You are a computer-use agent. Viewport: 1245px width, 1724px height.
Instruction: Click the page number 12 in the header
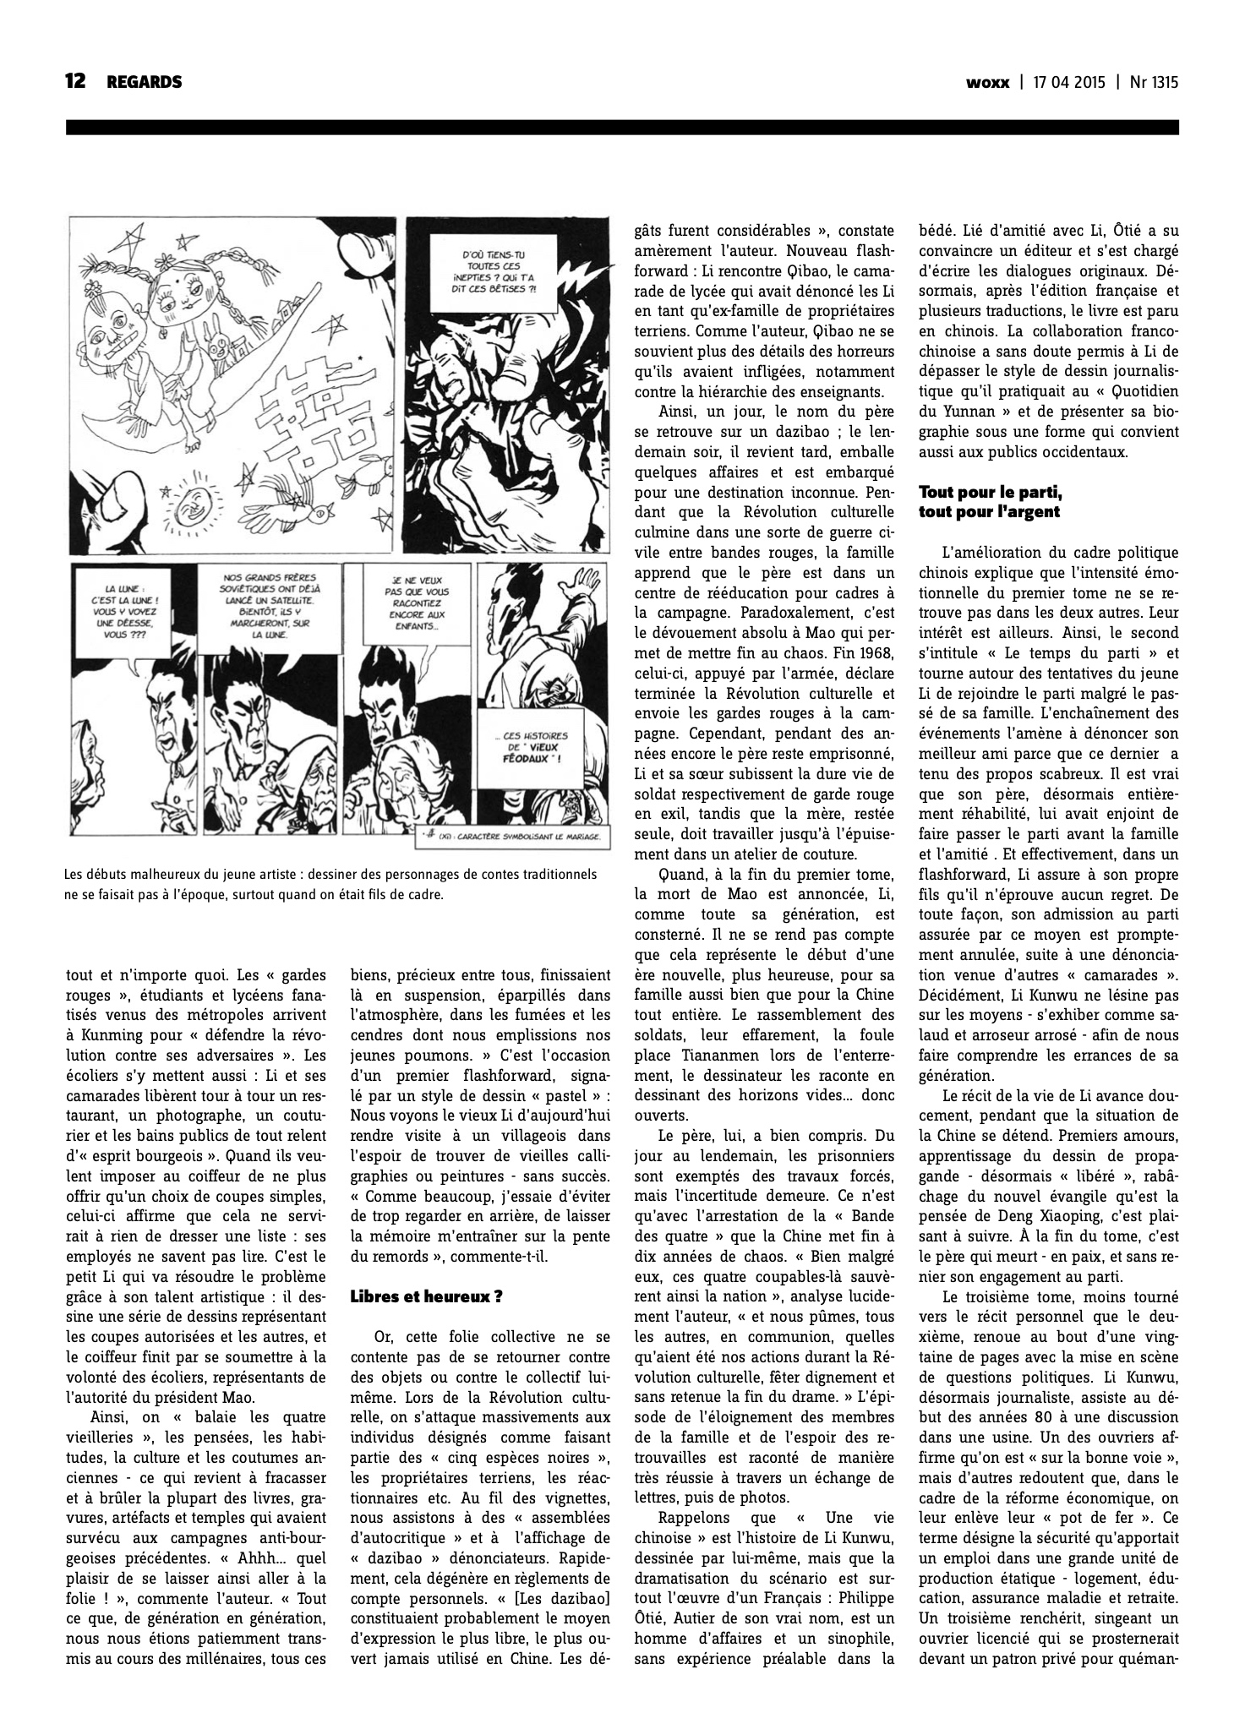coord(76,82)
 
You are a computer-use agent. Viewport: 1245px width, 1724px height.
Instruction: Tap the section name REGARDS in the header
coord(145,82)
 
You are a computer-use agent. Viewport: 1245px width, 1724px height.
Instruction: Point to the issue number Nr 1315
coord(1154,83)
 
